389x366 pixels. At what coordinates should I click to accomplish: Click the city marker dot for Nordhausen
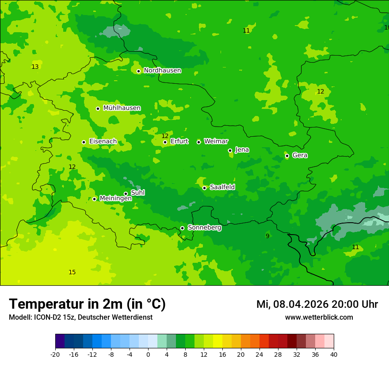pos(138,71)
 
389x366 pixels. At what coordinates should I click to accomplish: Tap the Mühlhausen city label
pos(122,108)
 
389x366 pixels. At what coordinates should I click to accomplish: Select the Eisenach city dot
pos(84,142)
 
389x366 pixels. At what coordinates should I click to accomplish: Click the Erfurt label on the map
pos(179,142)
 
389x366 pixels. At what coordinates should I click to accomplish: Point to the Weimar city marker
pos(198,142)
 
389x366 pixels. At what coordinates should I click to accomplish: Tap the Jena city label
pos(242,150)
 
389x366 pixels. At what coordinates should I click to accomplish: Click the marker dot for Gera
pos(287,156)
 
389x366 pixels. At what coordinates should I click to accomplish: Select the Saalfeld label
pos(222,187)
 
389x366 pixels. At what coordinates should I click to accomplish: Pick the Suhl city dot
pos(126,194)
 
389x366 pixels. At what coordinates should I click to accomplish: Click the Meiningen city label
pos(115,198)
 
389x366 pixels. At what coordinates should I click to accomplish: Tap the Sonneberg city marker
pos(182,228)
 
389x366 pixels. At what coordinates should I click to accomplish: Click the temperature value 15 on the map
pos(72,273)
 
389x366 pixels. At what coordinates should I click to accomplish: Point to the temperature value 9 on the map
pos(267,236)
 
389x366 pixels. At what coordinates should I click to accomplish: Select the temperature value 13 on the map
pos(35,67)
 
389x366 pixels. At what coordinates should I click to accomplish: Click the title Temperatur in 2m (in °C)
pos(87,304)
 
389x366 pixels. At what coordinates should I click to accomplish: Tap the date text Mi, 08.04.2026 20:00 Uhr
pos(317,305)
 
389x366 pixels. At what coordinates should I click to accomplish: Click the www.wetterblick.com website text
pos(319,317)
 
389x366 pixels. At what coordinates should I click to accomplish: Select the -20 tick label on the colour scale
pos(55,354)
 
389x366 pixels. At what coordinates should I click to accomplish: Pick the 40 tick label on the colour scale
pos(333,354)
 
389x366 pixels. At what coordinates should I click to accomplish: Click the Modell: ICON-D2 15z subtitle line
pos(80,317)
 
